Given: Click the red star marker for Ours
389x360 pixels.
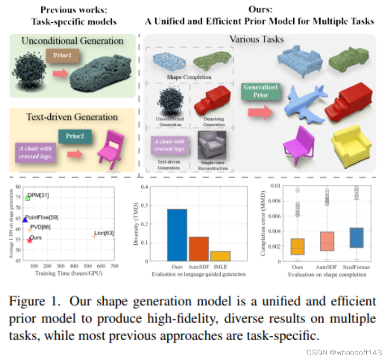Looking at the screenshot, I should click(x=30, y=240).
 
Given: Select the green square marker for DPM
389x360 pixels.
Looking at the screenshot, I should click(x=27, y=198).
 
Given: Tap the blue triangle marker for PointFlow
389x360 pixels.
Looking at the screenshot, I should click(x=25, y=220).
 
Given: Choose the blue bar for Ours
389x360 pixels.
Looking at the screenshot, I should click(x=177, y=235).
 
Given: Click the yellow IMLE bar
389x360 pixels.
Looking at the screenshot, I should click(x=220, y=256).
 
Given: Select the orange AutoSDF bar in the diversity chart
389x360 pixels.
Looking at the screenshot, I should click(x=199, y=249).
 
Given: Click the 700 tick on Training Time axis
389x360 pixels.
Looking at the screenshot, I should click(x=114, y=268).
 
